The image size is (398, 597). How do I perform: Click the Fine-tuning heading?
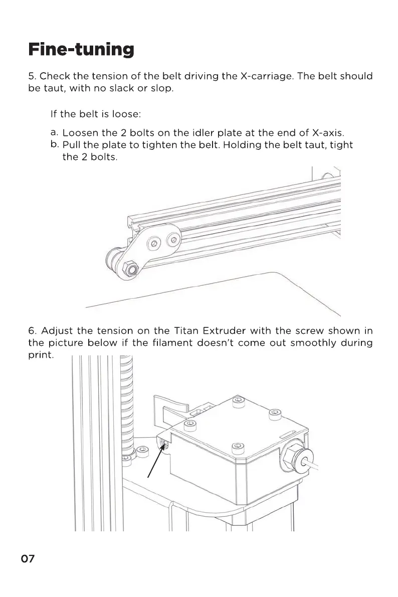click(x=81, y=50)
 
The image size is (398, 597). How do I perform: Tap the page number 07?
click(x=28, y=559)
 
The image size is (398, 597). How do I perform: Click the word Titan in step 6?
click(x=186, y=331)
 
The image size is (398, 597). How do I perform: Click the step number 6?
click(x=32, y=331)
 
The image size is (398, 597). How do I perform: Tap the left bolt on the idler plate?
click(x=154, y=244)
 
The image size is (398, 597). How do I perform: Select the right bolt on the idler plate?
click(x=174, y=238)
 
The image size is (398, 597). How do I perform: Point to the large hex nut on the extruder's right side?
click(x=291, y=457)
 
